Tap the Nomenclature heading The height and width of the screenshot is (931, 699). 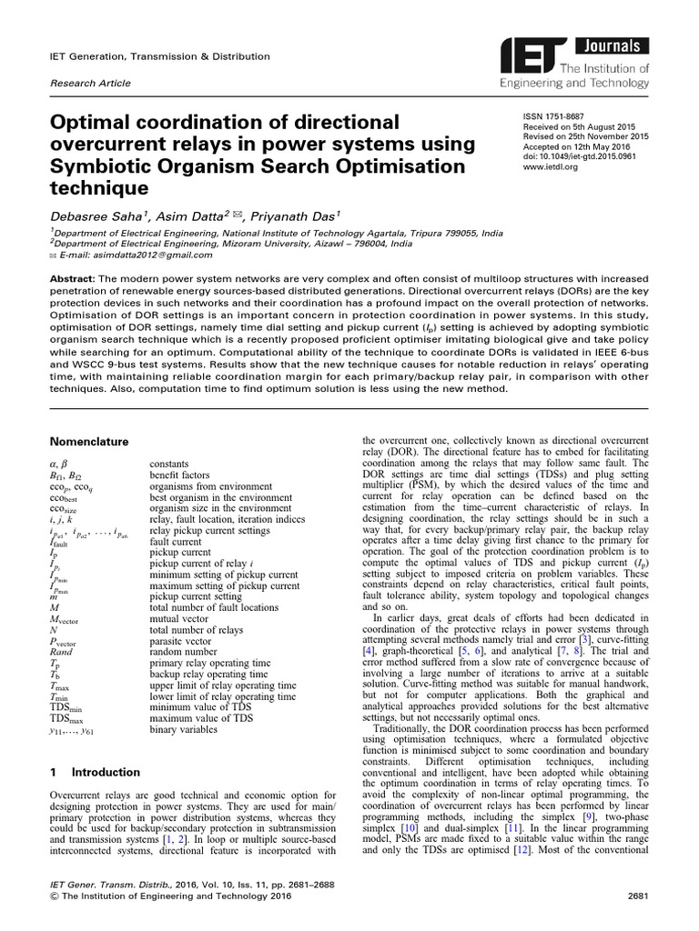[x=89, y=441]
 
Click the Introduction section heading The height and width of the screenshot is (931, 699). [x=106, y=772]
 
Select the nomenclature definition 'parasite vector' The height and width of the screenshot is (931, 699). [x=181, y=640]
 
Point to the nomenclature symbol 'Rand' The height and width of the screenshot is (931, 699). [x=63, y=652]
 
